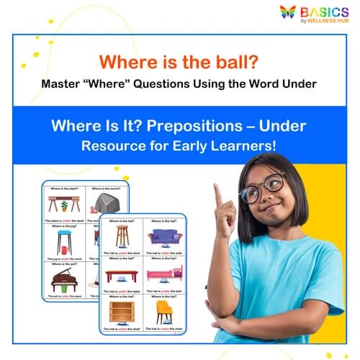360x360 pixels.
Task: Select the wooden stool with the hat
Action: click(x=122, y=236)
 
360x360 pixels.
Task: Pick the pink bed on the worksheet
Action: click(x=167, y=274)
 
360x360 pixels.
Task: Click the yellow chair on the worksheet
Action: click(x=166, y=312)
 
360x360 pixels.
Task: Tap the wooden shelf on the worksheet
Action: click(x=122, y=312)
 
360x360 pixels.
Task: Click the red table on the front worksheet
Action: click(x=122, y=275)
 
